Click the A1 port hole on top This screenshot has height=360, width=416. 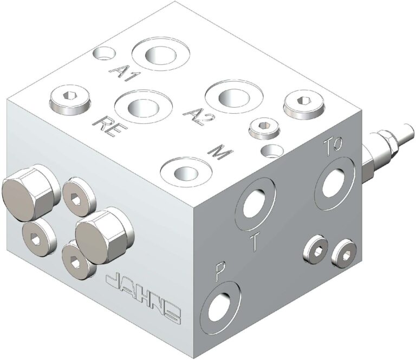161,55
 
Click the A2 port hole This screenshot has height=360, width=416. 228,97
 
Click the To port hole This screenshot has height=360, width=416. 333,181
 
